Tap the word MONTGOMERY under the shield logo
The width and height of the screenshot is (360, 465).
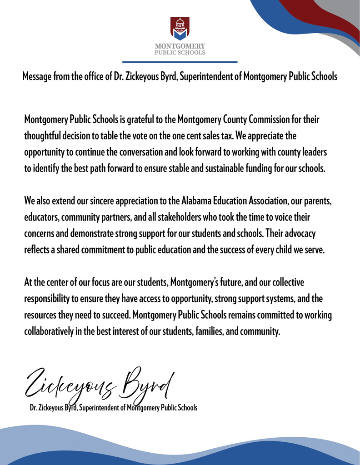180,46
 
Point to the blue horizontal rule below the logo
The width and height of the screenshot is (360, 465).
180,62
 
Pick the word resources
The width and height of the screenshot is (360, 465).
40,315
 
